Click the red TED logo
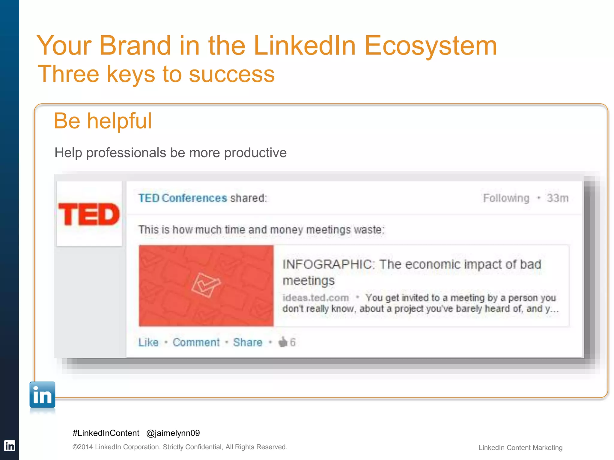click(89, 214)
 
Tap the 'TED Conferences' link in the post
click(183, 198)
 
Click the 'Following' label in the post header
click(506, 198)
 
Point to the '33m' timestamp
click(557, 198)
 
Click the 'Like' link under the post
click(148, 342)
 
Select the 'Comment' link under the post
click(196, 342)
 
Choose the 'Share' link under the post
click(248, 342)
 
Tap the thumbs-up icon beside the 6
click(283, 342)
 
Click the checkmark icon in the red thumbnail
click(206, 285)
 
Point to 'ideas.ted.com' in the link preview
click(316, 298)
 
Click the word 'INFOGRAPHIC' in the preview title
click(327, 264)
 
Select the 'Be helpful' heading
click(103, 121)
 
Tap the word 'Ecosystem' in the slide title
click(431, 46)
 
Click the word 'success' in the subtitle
click(232, 74)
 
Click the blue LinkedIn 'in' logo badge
click(42, 395)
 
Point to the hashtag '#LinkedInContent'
click(106, 433)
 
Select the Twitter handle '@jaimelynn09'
click(173, 433)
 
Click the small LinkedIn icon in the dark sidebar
click(9, 446)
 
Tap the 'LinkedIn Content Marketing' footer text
click(520, 448)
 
